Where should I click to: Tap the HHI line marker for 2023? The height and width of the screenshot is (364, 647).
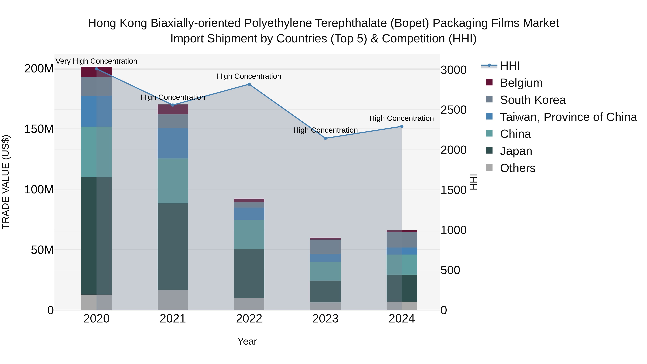point(325,138)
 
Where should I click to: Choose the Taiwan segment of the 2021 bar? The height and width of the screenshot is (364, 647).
point(173,143)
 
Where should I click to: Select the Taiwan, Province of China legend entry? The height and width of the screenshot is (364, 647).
point(568,117)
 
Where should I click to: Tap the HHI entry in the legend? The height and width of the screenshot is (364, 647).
point(510,66)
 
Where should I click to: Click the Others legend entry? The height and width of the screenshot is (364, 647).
point(517,168)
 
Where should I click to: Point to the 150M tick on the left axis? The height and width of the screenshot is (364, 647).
point(39,129)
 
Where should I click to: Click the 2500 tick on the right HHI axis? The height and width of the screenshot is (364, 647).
point(453,110)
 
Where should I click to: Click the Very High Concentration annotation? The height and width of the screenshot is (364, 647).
point(97,61)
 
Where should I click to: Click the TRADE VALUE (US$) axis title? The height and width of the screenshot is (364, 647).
point(6,182)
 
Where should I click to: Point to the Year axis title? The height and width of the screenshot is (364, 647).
point(247,341)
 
